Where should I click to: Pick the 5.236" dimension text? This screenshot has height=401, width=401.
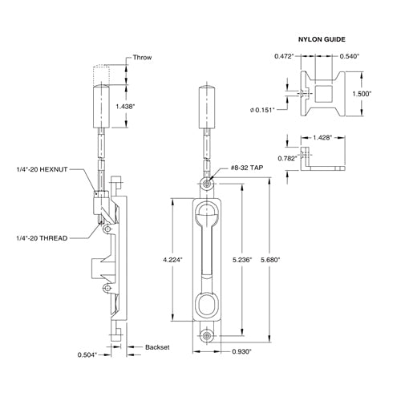[242, 260]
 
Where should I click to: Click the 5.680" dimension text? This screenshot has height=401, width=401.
[273, 260]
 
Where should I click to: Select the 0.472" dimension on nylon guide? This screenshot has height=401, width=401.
[284, 57]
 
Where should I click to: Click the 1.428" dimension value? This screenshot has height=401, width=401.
[324, 138]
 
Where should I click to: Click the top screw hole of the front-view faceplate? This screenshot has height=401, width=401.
[208, 184]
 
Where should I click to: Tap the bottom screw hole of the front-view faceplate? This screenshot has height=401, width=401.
[208, 336]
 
